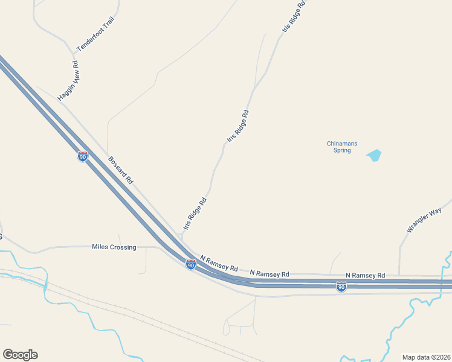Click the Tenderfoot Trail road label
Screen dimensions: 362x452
95,34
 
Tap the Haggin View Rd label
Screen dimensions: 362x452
69,80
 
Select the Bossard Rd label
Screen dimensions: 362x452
120,171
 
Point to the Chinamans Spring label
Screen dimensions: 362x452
342,147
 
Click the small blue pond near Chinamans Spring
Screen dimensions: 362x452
374,155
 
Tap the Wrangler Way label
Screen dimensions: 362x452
424,220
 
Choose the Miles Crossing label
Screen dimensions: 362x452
114,247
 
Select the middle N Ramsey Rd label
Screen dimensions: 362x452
269,273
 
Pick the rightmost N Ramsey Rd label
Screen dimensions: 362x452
365,275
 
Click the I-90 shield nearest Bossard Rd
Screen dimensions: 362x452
83,156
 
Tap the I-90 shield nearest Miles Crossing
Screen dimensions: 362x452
190,264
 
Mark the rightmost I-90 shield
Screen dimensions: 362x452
341,287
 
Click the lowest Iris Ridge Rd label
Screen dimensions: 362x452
195,213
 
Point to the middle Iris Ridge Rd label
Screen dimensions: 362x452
238,125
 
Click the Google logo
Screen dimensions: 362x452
20,355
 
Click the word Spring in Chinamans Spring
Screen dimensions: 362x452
342,150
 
